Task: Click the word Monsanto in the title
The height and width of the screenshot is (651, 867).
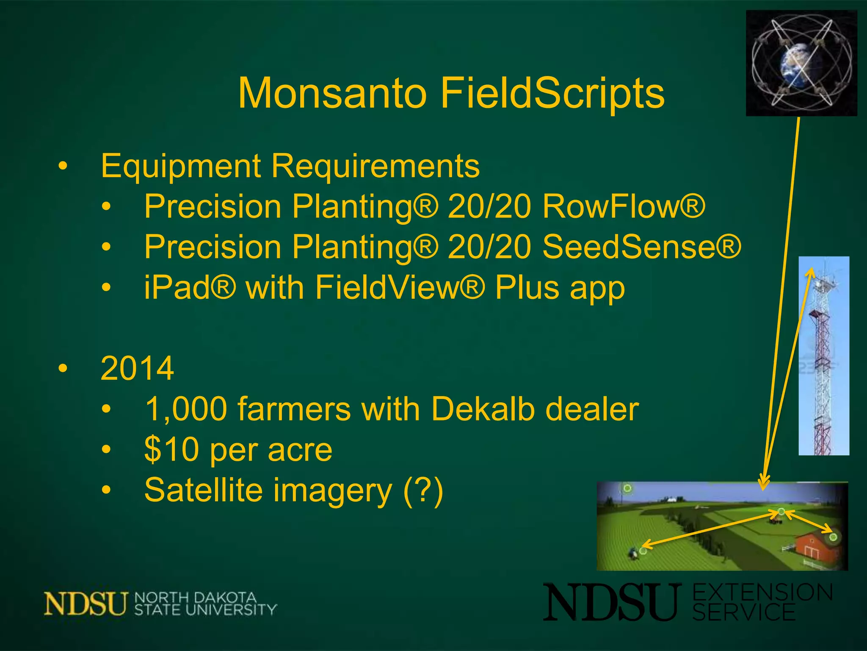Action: coord(332,93)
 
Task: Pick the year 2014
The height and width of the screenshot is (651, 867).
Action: coord(137,368)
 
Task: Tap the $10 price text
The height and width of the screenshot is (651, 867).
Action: coord(171,450)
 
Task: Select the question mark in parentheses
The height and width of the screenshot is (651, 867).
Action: coord(423,490)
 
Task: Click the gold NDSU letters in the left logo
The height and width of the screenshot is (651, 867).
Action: coord(86,604)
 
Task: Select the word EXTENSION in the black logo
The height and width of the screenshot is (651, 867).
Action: coord(762,593)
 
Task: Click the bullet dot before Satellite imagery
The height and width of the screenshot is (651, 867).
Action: coord(106,490)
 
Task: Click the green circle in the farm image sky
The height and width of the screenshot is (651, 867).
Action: coord(627,489)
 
